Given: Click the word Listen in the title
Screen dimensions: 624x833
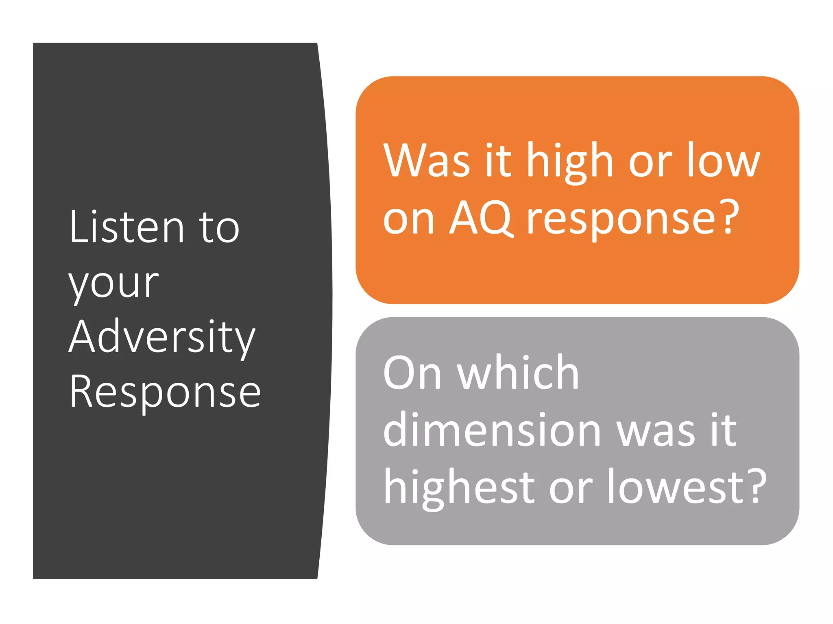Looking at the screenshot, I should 126,227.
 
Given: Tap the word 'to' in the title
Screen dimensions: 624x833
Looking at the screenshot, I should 220,228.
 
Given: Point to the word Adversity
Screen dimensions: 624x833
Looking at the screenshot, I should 162,338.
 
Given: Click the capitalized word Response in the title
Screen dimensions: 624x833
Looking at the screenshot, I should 165,392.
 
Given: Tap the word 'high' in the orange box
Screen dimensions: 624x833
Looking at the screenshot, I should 570,161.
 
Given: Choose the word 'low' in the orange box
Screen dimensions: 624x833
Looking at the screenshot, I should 724,161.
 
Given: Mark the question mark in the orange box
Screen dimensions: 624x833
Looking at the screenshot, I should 726,217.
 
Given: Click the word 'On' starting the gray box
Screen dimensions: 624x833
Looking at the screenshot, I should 412,373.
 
